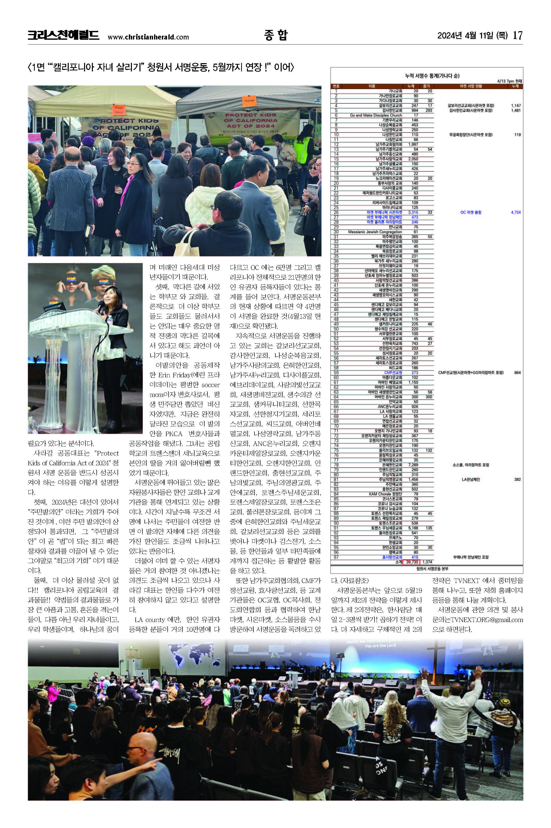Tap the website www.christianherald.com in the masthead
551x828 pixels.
(x=148, y=37)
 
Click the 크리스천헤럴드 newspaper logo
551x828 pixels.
(x=63, y=35)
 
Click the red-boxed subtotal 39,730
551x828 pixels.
(x=412, y=562)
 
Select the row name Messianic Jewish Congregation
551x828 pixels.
(x=375, y=232)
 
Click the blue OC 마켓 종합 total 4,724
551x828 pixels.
(x=516, y=213)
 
